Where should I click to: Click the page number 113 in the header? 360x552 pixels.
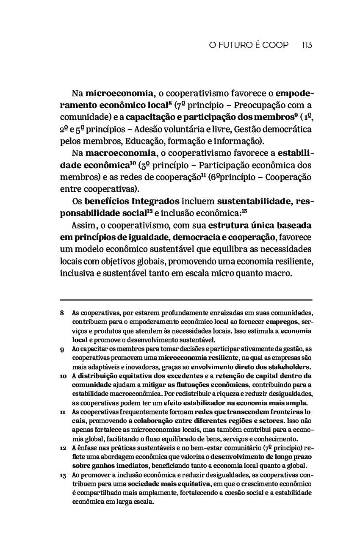(x=307, y=45)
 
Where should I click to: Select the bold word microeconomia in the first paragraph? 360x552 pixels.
(x=119, y=93)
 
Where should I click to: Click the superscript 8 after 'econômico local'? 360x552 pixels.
(x=169, y=102)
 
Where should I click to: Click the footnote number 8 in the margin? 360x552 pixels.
(x=62, y=313)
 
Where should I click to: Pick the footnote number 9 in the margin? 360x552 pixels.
(x=62, y=349)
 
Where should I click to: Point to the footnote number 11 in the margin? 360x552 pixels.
(x=62, y=412)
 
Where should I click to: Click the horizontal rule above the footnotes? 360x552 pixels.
(x=186, y=300)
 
